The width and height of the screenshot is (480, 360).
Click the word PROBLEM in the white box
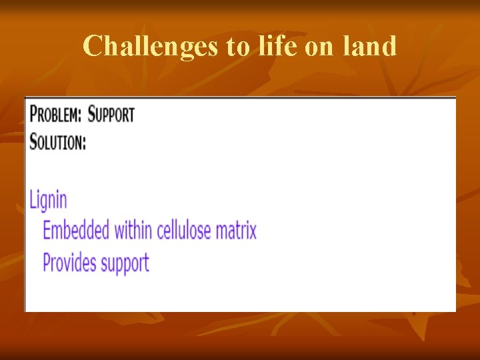(54, 115)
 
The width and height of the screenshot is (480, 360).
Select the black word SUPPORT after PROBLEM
(111, 115)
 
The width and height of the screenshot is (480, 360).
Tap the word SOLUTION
(56, 142)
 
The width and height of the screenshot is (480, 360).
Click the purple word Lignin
(48, 200)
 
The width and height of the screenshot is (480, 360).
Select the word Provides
(69, 262)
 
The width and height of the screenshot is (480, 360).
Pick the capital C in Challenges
(92, 46)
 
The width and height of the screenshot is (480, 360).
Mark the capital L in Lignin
(33, 200)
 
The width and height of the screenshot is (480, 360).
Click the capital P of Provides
(47, 262)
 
